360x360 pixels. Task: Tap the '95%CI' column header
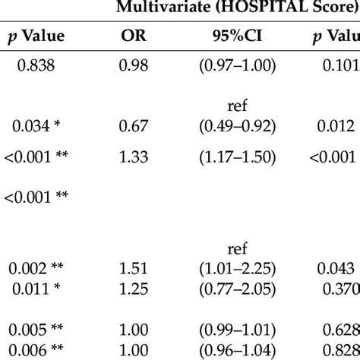point(238,36)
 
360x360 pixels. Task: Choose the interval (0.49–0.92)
point(238,124)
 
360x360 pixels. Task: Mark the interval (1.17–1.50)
point(238,157)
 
